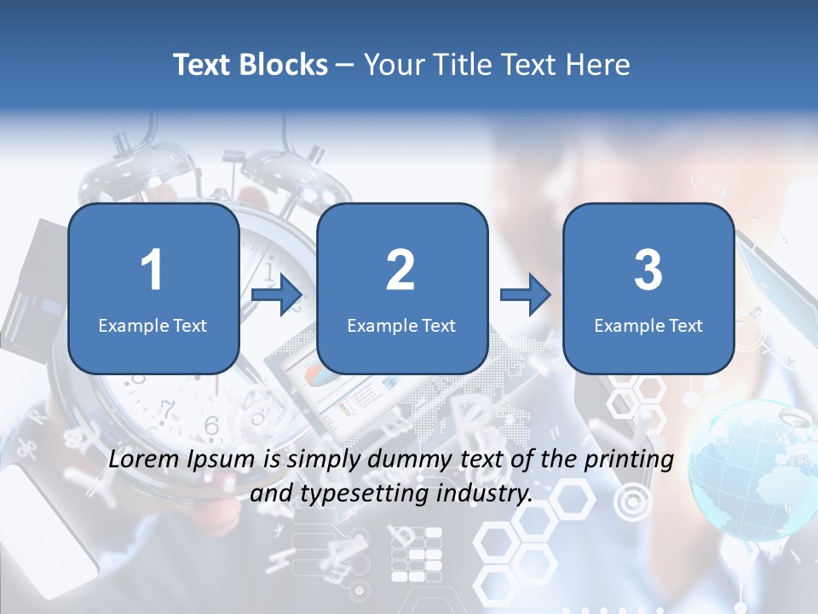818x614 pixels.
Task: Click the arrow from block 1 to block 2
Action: tap(277, 295)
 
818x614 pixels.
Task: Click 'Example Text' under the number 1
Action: tap(153, 325)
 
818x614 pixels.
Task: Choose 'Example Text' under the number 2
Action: tap(401, 325)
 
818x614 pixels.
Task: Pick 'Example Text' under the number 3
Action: tap(648, 325)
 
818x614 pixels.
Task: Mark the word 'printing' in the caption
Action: tap(628, 460)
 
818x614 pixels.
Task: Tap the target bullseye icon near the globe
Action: tap(632, 501)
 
